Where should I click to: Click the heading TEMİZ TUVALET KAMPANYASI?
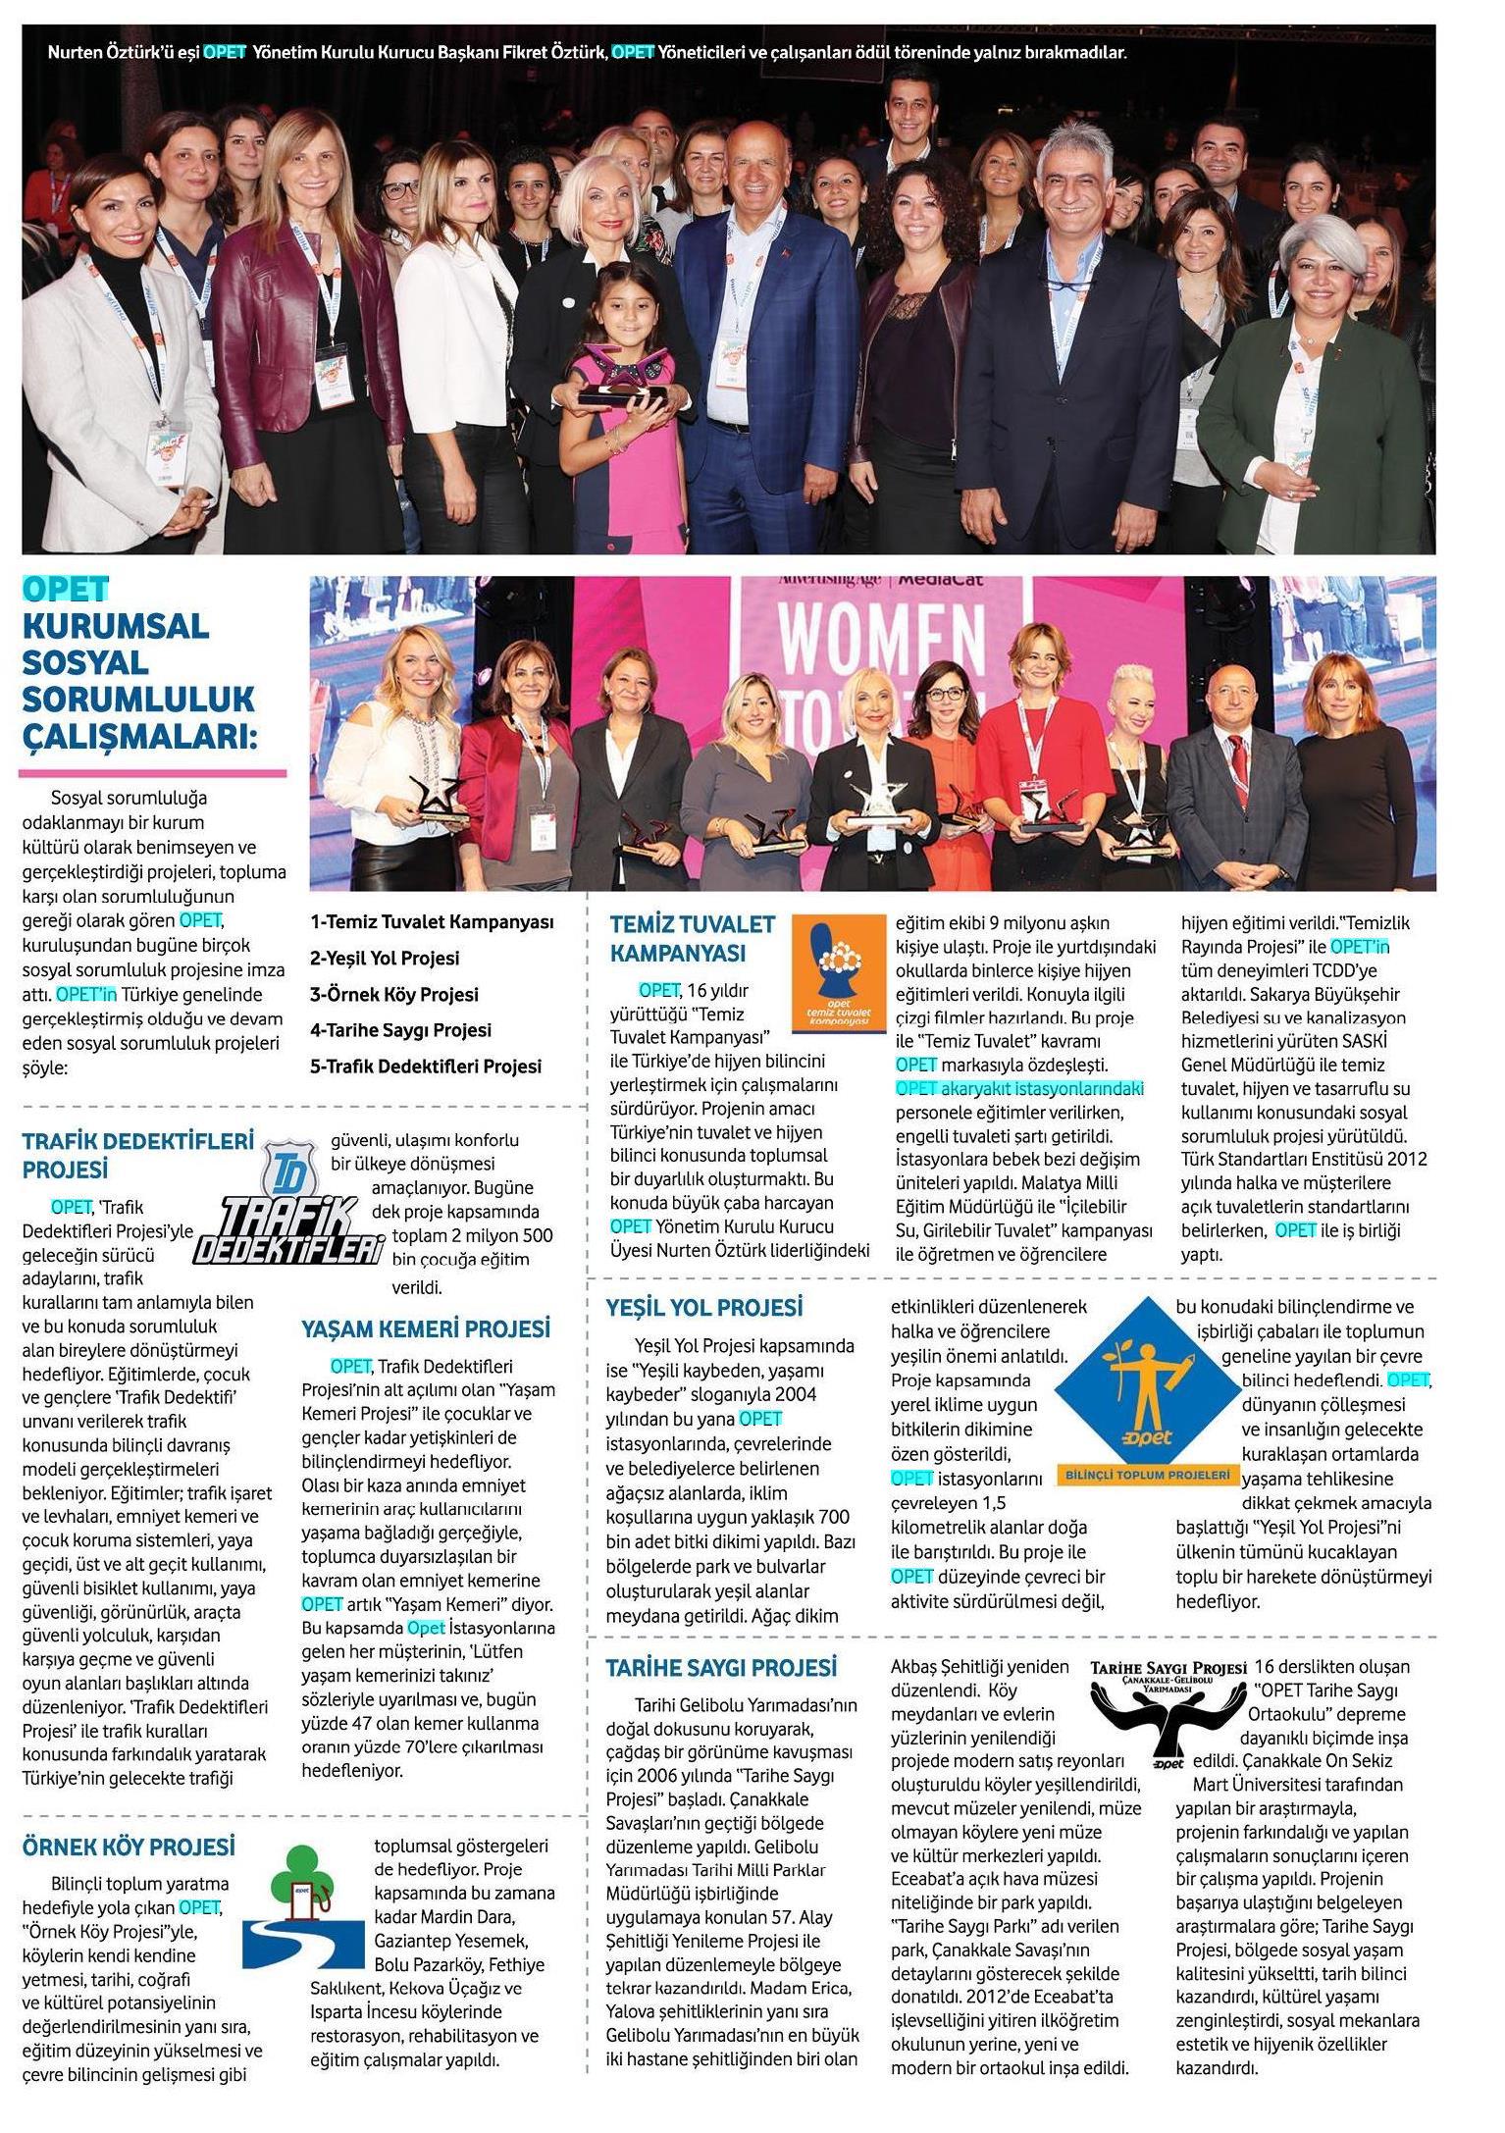coord(692,938)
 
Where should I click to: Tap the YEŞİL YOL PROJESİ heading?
coord(703,1307)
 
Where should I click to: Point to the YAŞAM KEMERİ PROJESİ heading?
coord(425,1328)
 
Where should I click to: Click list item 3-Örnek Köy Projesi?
coord(394,994)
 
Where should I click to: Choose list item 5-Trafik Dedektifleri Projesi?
coord(426,1066)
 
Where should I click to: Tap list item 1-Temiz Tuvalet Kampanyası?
coord(432,922)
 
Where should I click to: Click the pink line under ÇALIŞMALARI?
coord(152,773)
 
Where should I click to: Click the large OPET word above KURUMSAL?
coord(65,589)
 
